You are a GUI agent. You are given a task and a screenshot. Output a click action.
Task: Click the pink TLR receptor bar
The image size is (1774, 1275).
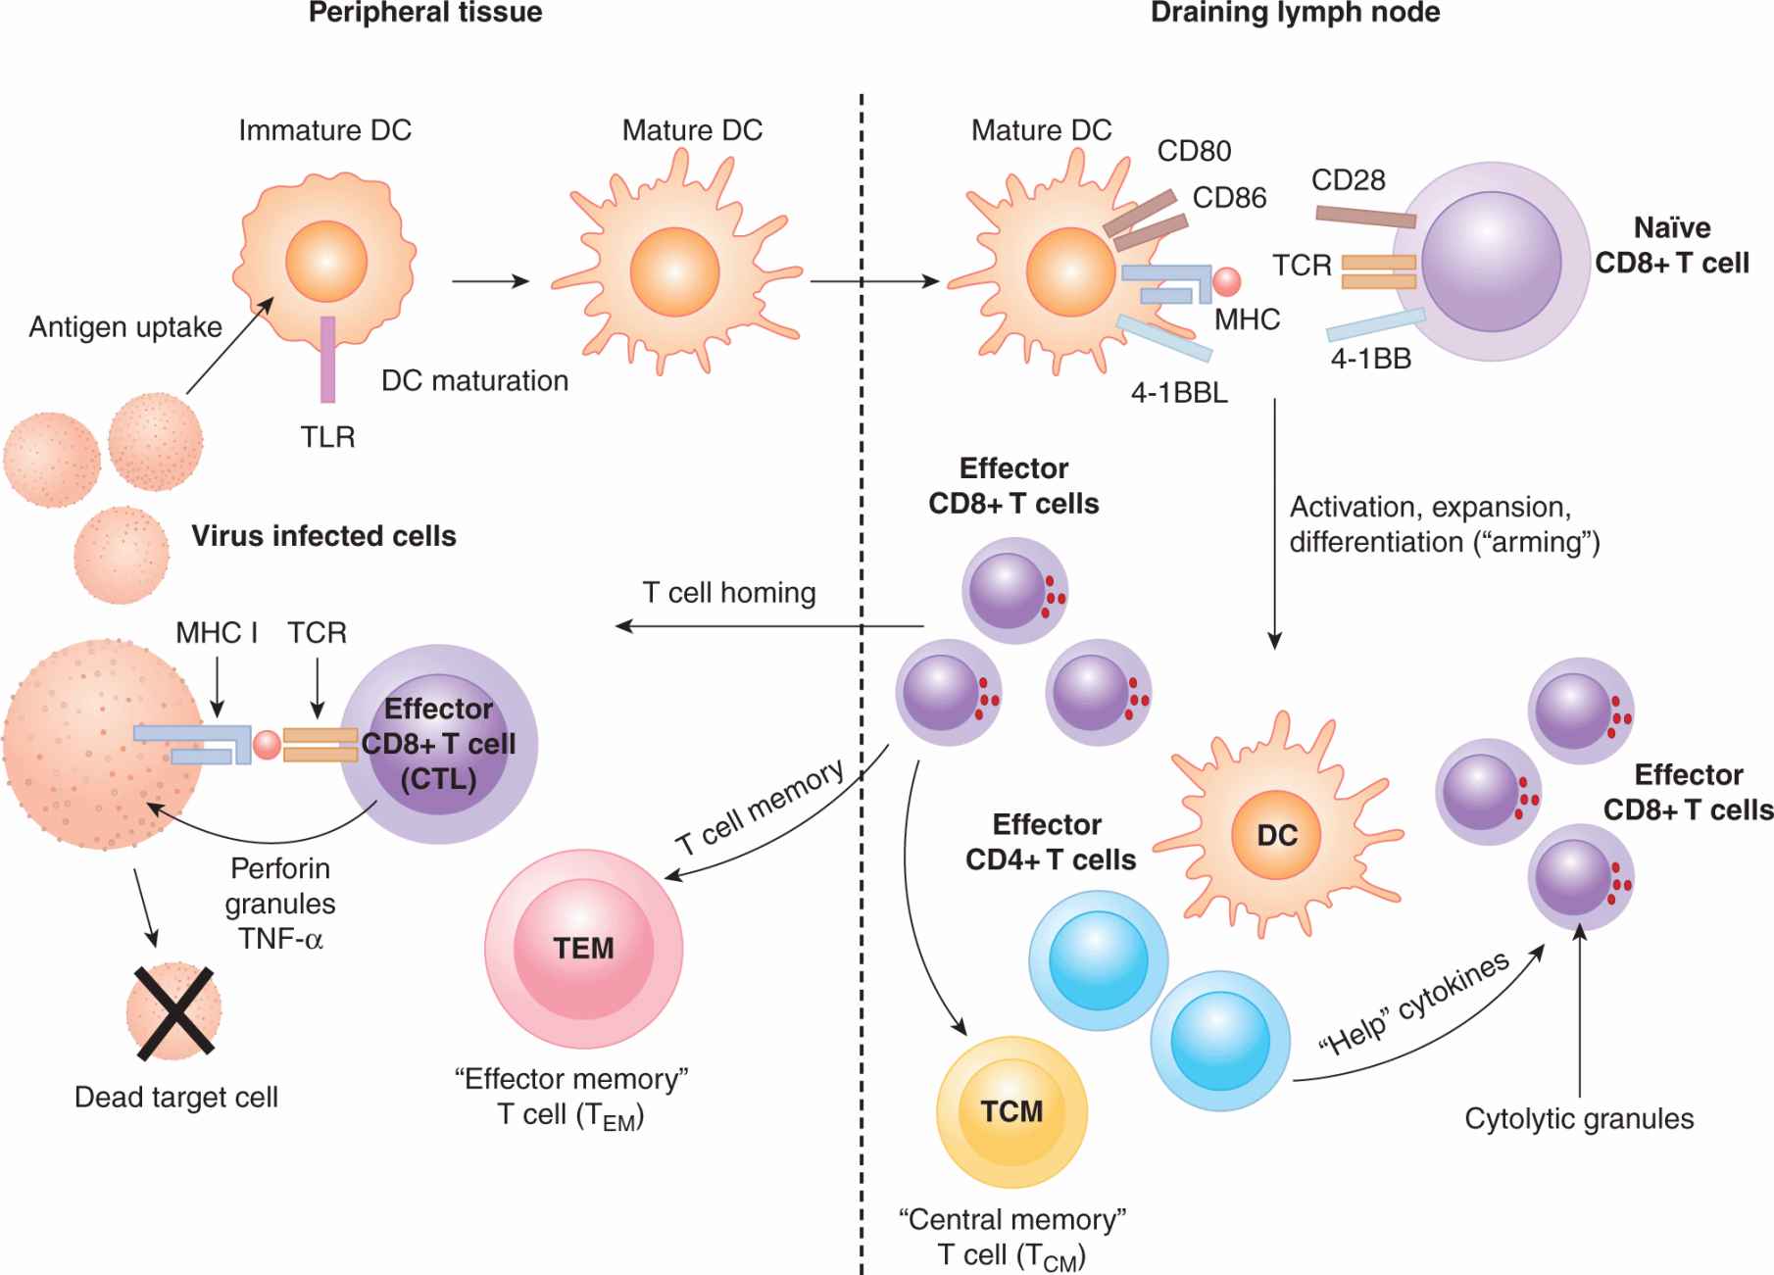click(327, 360)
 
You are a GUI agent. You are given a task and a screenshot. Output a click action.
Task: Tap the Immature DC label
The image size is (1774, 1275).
click(324, 130)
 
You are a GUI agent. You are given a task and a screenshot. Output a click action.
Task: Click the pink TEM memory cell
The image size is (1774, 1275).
click(583, 948)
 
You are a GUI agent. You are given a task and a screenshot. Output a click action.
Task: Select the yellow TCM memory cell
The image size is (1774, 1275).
click(1011, 1111)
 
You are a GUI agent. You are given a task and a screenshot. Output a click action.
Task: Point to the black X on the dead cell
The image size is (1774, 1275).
click(175, 1012)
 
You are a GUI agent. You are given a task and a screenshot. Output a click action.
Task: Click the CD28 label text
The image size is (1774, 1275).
click(1348, 180)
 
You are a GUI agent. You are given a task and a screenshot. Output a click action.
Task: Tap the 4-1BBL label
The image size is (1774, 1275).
click(1178, 394)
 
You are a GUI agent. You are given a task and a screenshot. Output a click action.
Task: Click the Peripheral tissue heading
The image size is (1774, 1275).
click(425, 13)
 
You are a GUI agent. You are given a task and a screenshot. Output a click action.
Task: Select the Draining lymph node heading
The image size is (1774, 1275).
click(1295, 13)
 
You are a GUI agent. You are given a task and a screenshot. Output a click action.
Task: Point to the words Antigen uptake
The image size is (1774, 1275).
click(125, 327)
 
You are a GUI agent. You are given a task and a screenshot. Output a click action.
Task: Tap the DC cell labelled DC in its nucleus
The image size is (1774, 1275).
click(1277, 836)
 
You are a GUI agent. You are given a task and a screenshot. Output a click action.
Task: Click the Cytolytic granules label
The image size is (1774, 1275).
click(1579, 1119)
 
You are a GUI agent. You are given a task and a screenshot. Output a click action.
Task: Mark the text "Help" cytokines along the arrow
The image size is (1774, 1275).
click(1413, 1004)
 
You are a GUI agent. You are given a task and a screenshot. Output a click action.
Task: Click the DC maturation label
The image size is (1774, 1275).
click(474, 381)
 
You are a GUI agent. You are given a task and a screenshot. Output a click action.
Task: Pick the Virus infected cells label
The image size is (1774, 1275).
click(323, 536)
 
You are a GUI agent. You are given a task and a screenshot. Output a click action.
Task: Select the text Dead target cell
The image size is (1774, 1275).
click(176, 1098)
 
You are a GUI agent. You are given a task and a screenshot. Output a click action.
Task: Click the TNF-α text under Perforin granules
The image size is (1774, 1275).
click(280, 939)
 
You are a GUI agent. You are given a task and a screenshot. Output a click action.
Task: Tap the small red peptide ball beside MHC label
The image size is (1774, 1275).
click(1226, 282)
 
